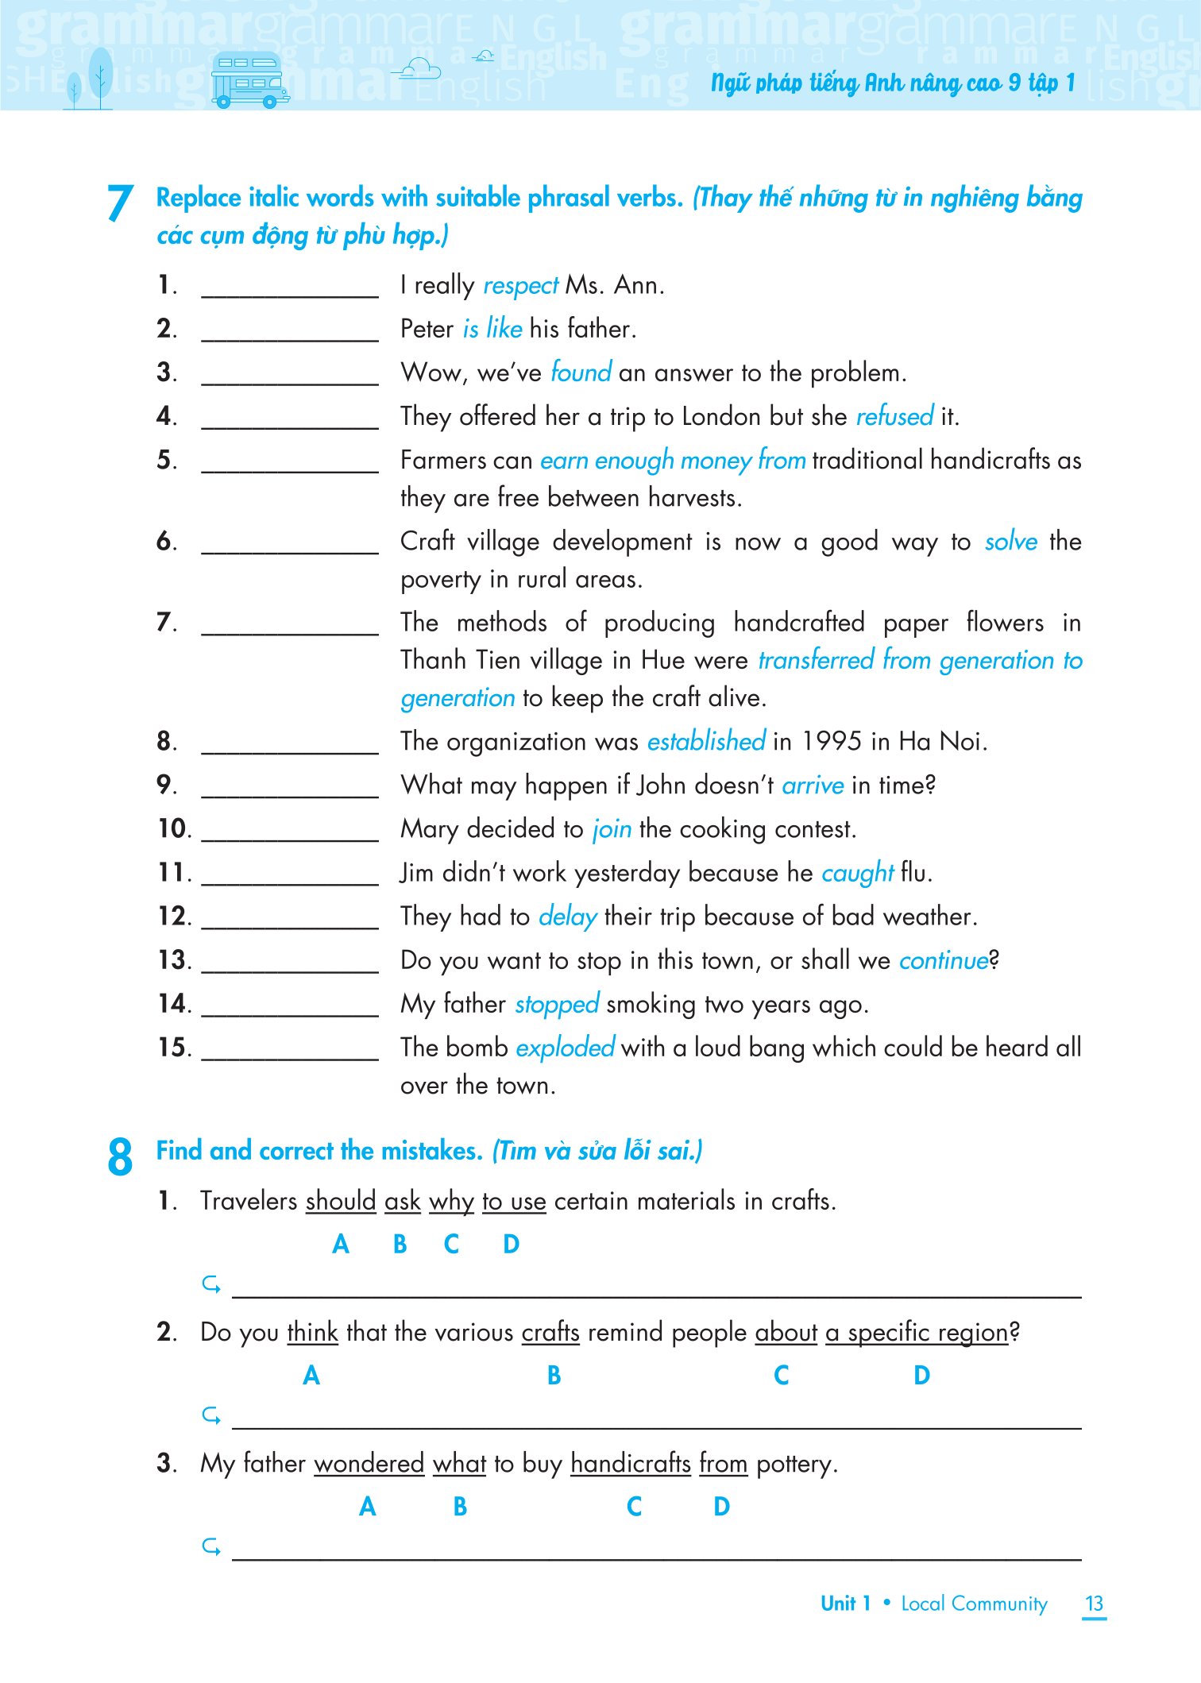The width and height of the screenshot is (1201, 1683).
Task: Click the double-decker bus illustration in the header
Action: (x=249, y=80)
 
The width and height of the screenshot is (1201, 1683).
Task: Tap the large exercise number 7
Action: (x=120, y=203)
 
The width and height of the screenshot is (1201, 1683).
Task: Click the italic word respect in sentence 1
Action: (x=521, y=285)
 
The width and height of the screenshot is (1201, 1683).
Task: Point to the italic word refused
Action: (x=894, y=416)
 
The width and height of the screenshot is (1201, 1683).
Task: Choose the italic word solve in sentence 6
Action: (x=1010, y=542)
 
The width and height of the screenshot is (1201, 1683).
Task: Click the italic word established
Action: (x=706, y=741)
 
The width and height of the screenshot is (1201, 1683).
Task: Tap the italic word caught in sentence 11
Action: (x=857, y=873)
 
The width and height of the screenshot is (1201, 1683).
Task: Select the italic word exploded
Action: (x=565, y=1048)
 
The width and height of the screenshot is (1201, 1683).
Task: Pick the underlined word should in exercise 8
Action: (x=341, y=1201)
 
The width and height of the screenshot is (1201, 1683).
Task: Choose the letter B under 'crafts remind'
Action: (x=554, y=1375)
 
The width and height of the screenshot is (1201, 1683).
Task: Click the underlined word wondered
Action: (x=369, y=1463)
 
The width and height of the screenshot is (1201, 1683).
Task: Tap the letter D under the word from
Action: (x=721, y=1506)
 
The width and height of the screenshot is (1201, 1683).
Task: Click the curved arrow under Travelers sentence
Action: (x=211, y=1283)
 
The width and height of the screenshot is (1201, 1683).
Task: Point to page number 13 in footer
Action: (x=1094, y=1604)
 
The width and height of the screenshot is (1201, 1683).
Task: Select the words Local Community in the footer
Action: (x=974, y=1604)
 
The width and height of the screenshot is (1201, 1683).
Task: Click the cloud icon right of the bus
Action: (x=419, y=70)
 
